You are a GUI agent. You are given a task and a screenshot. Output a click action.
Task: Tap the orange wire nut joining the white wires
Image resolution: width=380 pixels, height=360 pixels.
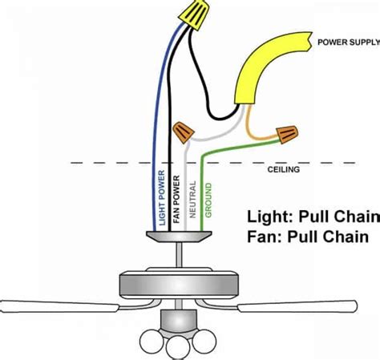[184, 131]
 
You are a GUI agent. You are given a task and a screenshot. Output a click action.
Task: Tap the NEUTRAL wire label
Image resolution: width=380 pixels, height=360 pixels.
[193, 200]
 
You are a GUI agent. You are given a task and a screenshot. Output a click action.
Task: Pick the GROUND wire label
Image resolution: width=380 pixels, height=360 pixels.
[208, 200]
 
